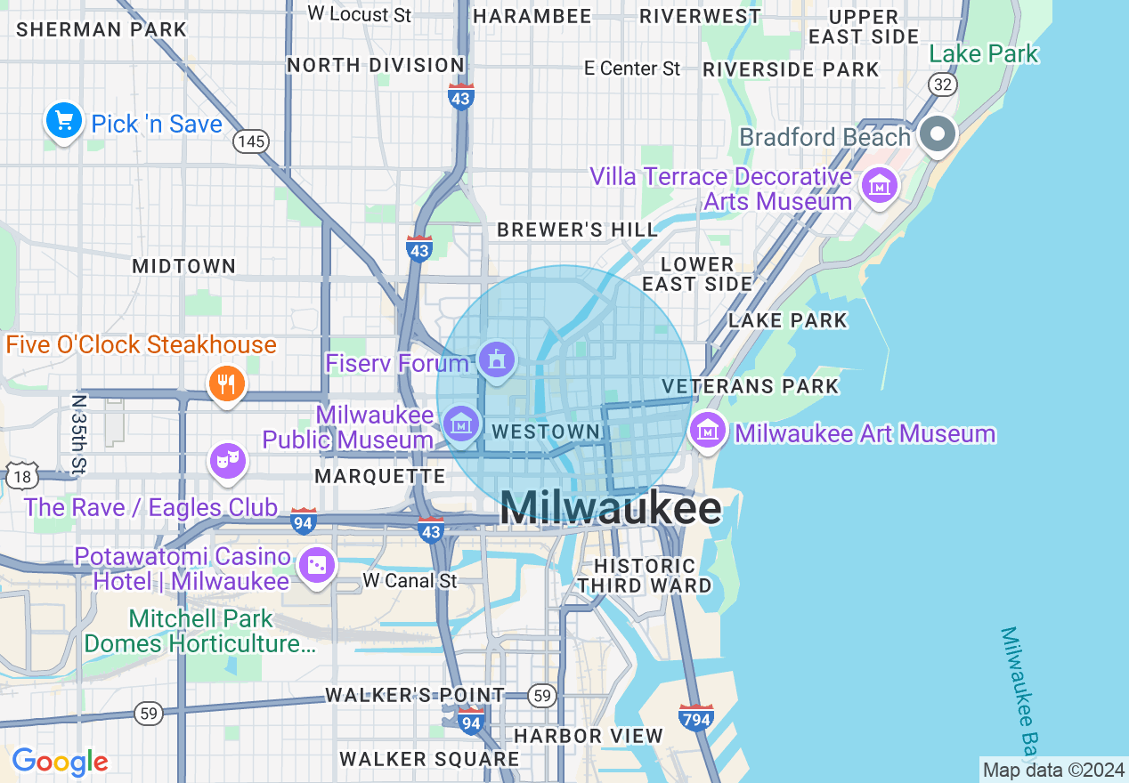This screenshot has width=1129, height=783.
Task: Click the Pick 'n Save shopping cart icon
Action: tap(63, 123)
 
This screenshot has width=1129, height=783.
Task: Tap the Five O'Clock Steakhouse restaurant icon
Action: tap(227, 384)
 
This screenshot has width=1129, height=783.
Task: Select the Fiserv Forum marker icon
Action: tap(496, 360)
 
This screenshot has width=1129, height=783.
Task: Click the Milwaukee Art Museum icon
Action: tap(708, 432)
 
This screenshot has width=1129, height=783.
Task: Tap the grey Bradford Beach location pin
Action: tap(937, 135)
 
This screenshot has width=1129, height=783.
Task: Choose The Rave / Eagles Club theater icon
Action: tap(228, 460)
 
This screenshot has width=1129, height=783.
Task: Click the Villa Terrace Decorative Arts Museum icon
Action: tap(880, 186)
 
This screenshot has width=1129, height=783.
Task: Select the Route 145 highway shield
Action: tap(251, 141)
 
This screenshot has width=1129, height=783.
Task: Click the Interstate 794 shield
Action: tap(695, 716)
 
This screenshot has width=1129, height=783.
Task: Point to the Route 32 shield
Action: tap(942, 84)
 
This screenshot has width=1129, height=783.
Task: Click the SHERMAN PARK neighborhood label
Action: tap(102, 29)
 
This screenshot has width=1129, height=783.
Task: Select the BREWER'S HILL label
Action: tap(577, 230)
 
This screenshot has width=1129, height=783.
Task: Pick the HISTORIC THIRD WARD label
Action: tap(646, 576)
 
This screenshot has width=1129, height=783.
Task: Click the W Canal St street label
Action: tap(410, 581)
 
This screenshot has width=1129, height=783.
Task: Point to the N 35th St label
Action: tap(80, 433)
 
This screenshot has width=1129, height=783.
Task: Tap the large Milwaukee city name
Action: tap(611, 509)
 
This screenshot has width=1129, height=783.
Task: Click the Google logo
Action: tap(60, 762)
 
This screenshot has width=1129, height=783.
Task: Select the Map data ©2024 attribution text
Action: tap(1054, 770)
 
